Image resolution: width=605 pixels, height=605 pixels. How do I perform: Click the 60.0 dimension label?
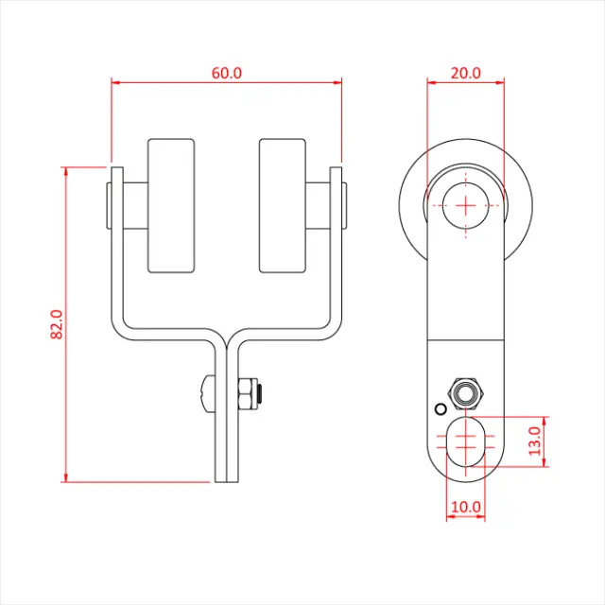(x=227, y=74)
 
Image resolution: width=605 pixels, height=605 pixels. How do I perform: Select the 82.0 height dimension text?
(x=57, y=324)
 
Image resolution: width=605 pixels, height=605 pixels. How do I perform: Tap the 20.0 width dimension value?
(x=466, y=74)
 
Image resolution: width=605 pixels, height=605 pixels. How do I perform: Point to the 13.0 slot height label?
(x=534, y=441)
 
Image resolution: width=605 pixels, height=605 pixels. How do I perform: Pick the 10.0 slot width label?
(x=466, y=507)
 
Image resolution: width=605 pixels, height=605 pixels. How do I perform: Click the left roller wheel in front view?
(x=171, y=206)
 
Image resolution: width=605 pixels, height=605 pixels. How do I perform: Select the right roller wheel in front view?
(x=283, y=206)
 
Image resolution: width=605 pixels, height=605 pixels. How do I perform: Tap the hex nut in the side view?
(x=466, y=394)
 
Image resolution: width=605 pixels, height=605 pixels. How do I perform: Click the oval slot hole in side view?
(x=466, y=441)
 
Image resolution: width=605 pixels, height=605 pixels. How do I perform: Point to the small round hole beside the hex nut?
(x=441, y=409)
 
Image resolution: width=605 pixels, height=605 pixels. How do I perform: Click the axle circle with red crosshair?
(x=466, y=205)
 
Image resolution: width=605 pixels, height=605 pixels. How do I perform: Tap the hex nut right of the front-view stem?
(x=248, y=394)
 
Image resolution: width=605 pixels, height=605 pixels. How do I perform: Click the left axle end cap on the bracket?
(x=110, y=206)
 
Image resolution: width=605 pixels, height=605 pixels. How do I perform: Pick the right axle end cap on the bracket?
(x=344, y=206)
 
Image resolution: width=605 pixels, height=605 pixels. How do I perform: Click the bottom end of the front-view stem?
(x=227, y=482)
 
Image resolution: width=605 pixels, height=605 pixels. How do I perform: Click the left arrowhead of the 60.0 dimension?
(x=116, y=82)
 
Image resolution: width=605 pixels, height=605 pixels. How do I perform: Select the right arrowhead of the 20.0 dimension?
(x=499, y=82)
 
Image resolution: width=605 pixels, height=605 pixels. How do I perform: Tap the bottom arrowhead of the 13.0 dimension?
(x=544, y=462)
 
